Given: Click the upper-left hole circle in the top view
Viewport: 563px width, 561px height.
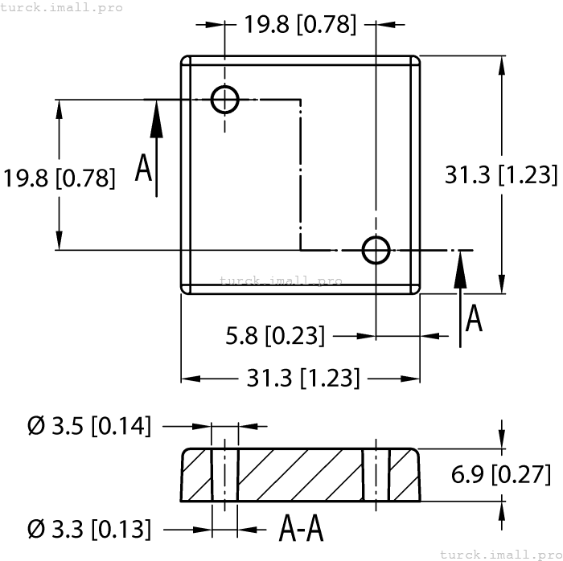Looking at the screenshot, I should (x=225, y=100).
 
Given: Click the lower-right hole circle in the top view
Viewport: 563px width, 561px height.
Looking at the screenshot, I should (x=376, y=250).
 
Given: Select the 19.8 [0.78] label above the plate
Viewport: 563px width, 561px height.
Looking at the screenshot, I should (x=300, y=24).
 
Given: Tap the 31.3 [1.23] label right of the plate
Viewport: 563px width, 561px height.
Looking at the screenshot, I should (x=501, y=174).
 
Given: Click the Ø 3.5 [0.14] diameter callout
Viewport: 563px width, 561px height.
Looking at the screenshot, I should (x=89, y=426).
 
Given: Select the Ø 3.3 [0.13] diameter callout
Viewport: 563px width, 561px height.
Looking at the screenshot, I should (x=89, y=529).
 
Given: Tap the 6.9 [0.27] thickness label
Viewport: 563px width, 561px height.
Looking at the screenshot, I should (x=501, y=475).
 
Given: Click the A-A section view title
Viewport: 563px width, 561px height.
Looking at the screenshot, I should (x=301, y=529).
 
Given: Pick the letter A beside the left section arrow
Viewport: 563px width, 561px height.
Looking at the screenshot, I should (x=143, y=169).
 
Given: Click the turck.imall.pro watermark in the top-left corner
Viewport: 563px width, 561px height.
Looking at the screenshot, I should (x=62, y=7).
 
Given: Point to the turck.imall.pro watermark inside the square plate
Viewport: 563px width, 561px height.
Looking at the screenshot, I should (x=281, y=281).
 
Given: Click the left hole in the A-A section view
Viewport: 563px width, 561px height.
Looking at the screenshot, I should (x=225, y=475).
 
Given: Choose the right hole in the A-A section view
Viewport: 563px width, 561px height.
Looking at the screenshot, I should (x=376, y=475).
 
